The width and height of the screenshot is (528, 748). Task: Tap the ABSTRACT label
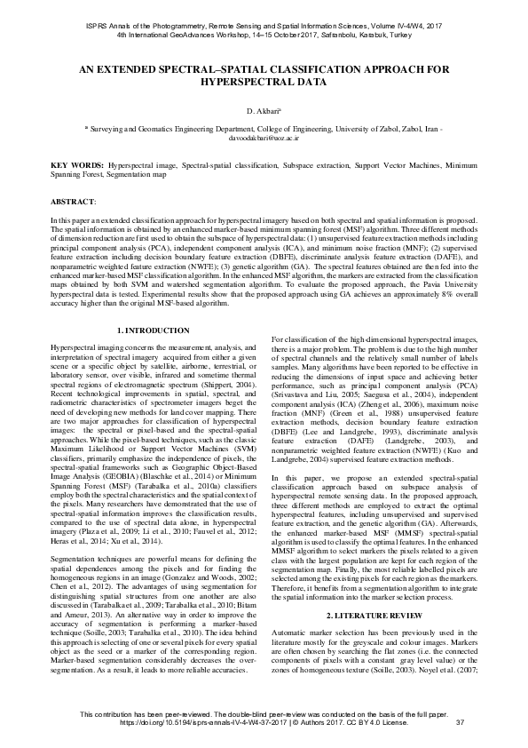(x=74, y=203)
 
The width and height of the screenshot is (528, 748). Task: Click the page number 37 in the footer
(x=460, y=721)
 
